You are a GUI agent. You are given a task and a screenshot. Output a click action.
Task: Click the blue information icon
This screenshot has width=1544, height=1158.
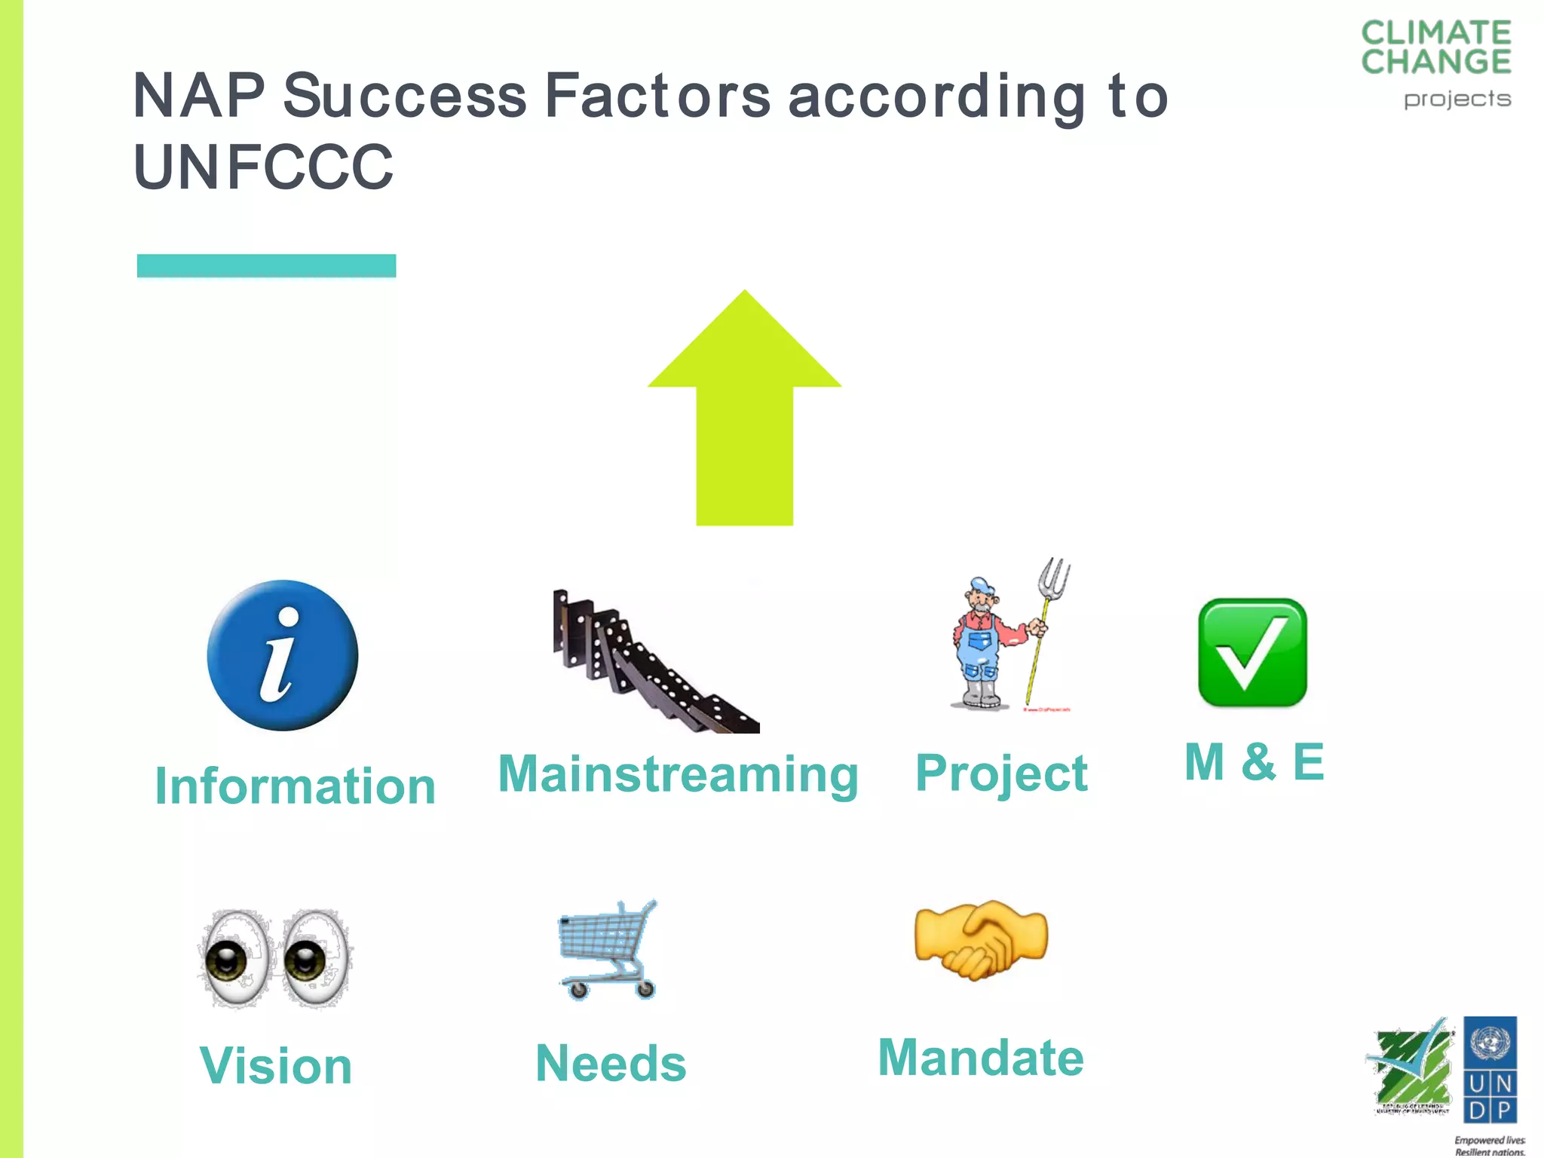pyautogui.click(x=282, y=654)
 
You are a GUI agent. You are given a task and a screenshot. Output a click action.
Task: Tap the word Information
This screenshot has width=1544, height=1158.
pyautogui.click(x=295, y=786)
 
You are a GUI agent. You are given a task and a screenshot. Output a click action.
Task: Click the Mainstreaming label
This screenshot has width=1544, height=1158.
pyautogui.click(x=678, y=774)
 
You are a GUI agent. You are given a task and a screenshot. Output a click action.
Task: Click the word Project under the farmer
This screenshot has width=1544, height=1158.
pyautogui.click(x=1001, y=774)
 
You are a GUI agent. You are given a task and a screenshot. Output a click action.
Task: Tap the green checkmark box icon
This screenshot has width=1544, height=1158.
pyautogui.click(x=1252, y=653)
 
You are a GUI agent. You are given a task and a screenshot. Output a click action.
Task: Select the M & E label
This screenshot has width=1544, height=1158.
pyautogui.click(x=1254, y=761)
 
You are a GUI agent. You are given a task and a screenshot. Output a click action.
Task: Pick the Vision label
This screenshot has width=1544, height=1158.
pyautogui.click(x=276, y=1066)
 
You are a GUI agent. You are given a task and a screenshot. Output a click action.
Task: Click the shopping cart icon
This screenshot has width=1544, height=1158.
pyautogui.click(x=608, y=950)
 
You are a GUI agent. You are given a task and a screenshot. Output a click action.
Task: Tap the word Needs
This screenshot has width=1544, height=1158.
pyautogui.click(x=611, y=1064)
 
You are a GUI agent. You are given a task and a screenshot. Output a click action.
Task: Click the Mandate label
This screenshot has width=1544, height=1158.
pyautogui.click(x=981, y=1058)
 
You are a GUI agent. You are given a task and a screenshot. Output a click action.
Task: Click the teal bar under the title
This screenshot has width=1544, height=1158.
pyautogui.click(x=266, y=265)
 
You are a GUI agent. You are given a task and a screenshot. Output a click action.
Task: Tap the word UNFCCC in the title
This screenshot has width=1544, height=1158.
pyautogui.click(x=263, y=167)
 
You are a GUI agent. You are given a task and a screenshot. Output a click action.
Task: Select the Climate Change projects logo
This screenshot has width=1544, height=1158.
pyautogui.click(x=1435, y=64)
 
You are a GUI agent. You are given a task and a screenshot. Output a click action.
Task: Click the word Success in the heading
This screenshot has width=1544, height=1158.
pyautogui.click(x=405, y=96)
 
